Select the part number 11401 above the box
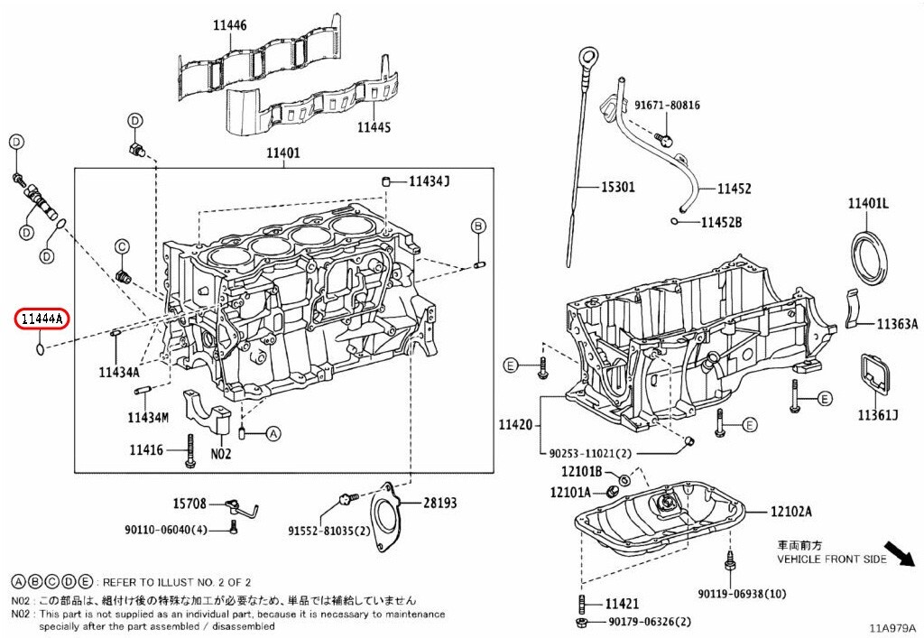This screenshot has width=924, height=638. point(282,153)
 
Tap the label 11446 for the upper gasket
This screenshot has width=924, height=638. point(229,26)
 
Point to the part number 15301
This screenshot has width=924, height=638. point(618,188)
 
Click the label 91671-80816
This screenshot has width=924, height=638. point(666,106)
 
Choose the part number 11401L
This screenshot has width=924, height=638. point(868,205)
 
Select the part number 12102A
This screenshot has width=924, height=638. point(790,512)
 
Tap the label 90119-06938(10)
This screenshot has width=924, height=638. point(742,593)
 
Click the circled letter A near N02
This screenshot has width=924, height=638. point(273,434)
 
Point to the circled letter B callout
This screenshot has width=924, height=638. point(478,225)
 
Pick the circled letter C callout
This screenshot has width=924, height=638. point(122,246)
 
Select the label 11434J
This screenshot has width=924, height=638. point(429,181)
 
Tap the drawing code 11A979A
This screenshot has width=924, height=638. point(892,627)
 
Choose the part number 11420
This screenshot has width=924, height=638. point(517,424)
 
